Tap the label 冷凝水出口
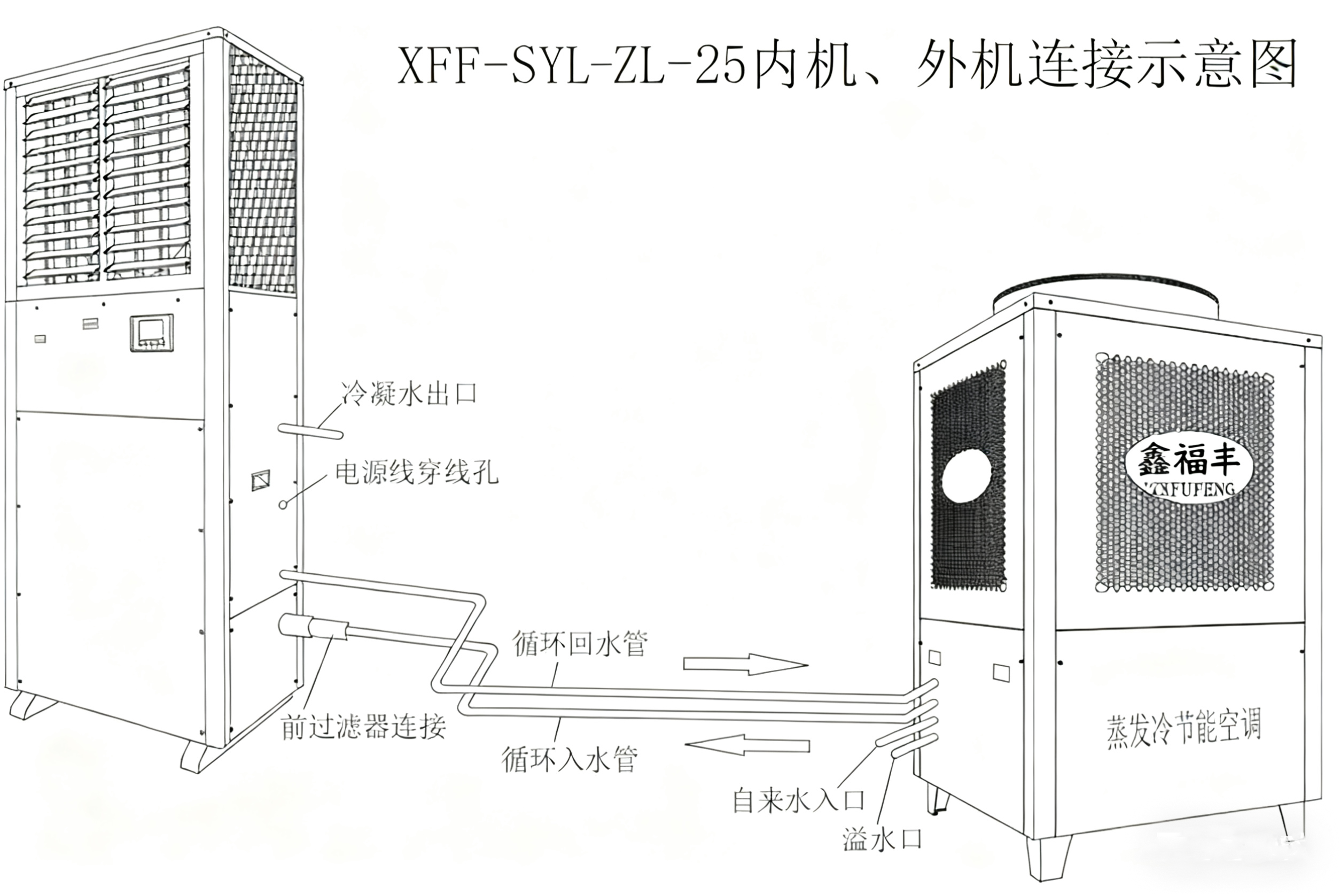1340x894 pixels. [409, 394]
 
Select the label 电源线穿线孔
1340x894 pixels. [416, 473]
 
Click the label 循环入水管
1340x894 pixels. [569, 759]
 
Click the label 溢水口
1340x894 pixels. [882, 839]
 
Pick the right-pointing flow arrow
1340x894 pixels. [745, 664]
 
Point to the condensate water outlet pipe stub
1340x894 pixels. [310, 431]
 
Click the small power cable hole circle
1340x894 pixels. [283, 505]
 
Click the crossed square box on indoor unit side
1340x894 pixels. [261, 480]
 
